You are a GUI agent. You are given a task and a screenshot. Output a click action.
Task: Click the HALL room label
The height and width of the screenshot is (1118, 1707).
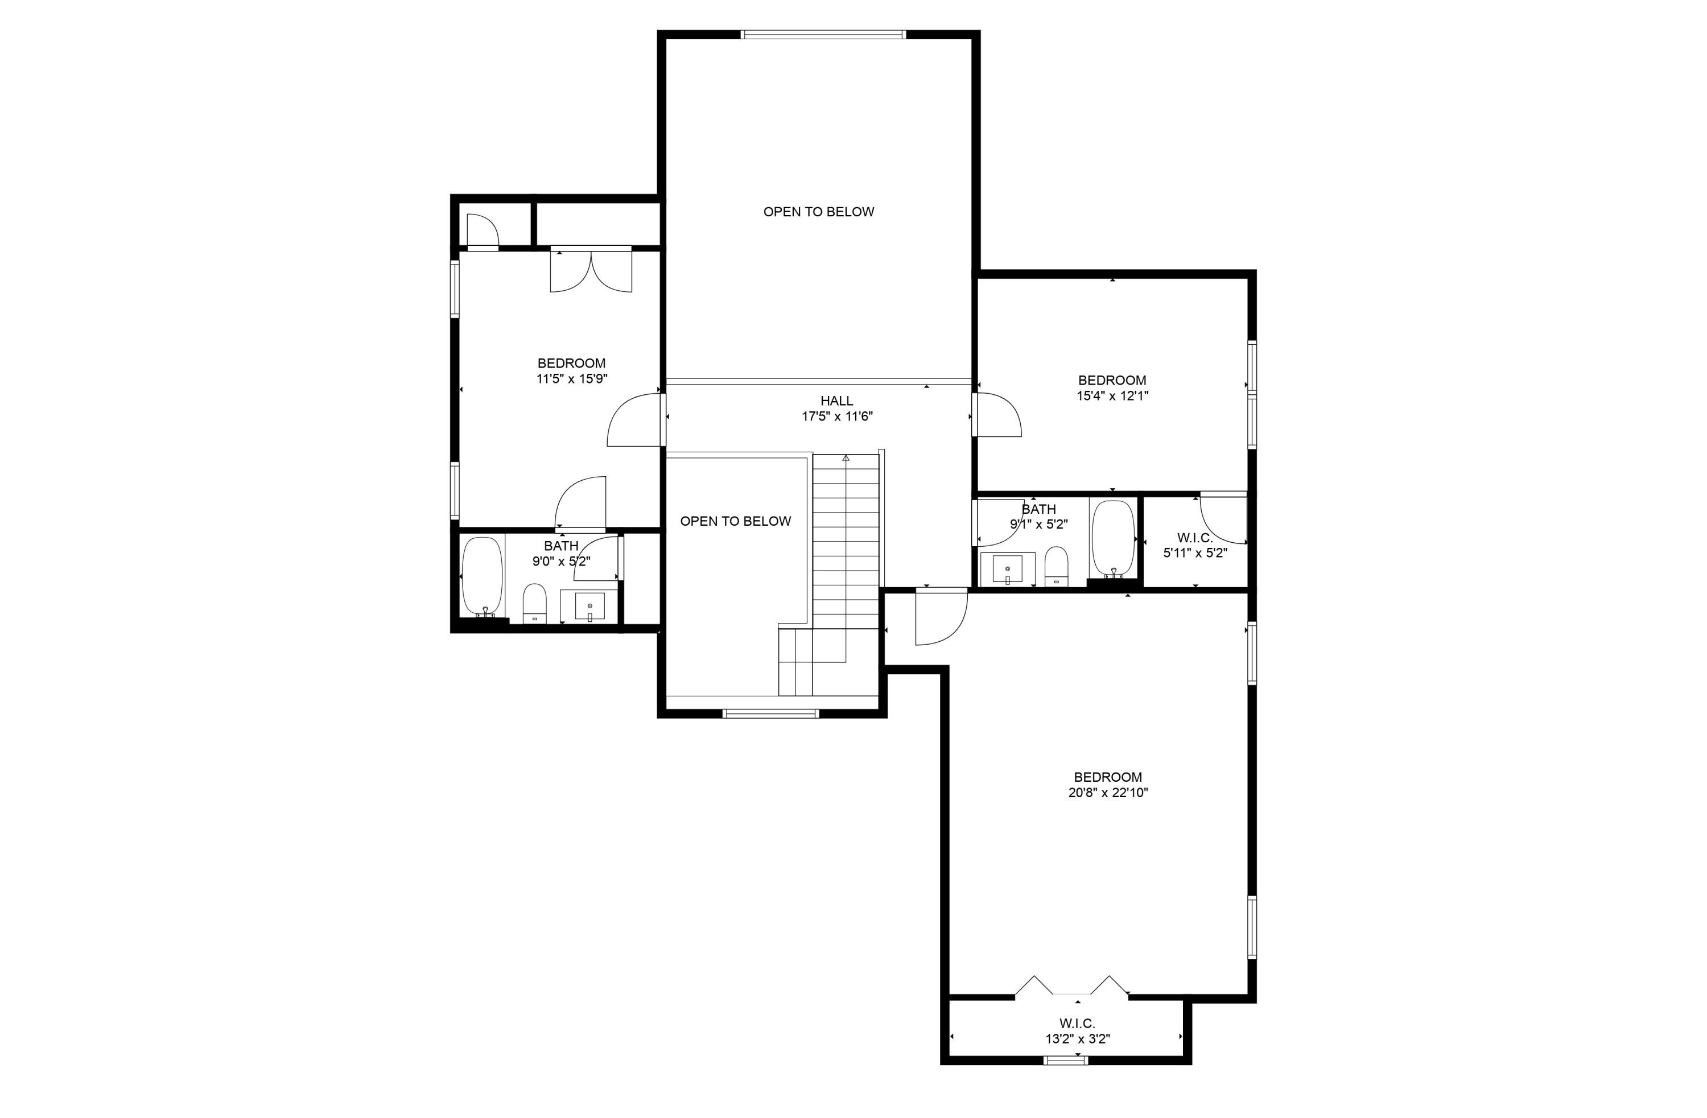(836, 401)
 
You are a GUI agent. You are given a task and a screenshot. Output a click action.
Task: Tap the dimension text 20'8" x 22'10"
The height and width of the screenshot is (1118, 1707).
(1108, 793)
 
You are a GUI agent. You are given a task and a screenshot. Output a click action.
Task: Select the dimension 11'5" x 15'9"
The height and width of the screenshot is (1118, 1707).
(572, 379)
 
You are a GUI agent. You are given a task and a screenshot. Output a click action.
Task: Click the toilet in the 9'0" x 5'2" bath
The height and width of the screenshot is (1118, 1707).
(534, 604)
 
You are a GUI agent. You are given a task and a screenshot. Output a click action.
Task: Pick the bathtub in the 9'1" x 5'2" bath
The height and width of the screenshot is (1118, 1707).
(1112, 539)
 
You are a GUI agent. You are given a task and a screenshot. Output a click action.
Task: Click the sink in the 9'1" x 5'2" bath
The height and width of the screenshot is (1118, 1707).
(1008, 570)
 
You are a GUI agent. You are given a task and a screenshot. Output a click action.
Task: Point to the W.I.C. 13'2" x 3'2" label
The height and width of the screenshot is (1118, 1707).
(1077, 1030)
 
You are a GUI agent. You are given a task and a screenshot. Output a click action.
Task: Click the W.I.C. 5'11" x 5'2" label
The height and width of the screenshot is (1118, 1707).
(1195, 545)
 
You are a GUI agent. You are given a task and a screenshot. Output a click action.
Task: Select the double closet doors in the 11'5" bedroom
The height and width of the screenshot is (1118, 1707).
(591, 271)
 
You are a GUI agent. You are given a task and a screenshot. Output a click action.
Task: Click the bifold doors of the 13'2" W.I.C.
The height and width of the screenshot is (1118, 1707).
(1071, 986)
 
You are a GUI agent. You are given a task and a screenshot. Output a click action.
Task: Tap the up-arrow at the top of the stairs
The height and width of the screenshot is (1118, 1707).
(846, 457)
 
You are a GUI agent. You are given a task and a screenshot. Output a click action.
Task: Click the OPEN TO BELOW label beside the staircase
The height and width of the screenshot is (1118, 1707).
(735, 521)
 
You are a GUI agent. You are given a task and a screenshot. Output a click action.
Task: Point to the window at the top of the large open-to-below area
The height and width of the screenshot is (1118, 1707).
(823, 35)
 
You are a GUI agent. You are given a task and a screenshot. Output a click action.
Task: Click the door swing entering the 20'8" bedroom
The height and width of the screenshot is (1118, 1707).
(941, 618)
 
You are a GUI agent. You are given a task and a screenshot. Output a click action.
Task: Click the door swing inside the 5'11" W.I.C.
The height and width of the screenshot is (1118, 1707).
(1223, 518)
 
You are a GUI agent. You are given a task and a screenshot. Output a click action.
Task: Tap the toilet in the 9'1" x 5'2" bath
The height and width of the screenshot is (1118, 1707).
(1055, 566)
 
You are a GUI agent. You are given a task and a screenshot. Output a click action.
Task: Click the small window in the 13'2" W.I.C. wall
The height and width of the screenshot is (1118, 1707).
(1066, 1060)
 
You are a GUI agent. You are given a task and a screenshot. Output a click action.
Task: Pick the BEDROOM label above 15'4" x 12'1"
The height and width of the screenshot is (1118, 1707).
(1112, 380)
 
